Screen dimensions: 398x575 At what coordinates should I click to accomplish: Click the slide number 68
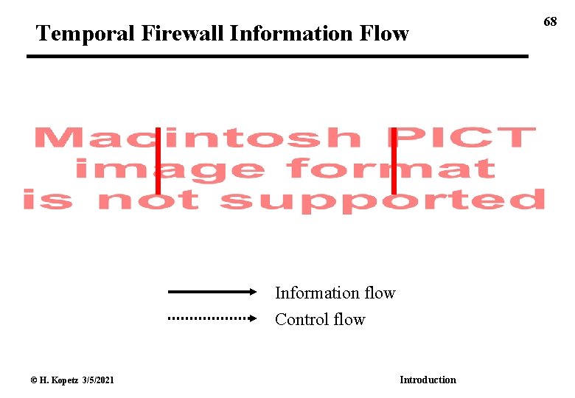click(x=551, y=22)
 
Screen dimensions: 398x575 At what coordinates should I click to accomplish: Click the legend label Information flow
click(x=335, y=293)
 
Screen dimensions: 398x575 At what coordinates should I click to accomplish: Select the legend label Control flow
click(x=320, y=319)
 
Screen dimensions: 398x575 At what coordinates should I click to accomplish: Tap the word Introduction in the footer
click(x=428, y=380)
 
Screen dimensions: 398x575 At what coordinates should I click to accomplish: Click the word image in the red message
click(x=170, y=169)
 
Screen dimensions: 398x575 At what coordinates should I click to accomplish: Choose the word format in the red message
click(x=391, y=169)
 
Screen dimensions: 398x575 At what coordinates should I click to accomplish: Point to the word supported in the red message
click(x=383, y=200)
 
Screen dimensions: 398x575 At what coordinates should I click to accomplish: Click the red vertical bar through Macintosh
click(x=158, y=158)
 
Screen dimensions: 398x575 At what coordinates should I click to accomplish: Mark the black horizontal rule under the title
click(x=278, y=56)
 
